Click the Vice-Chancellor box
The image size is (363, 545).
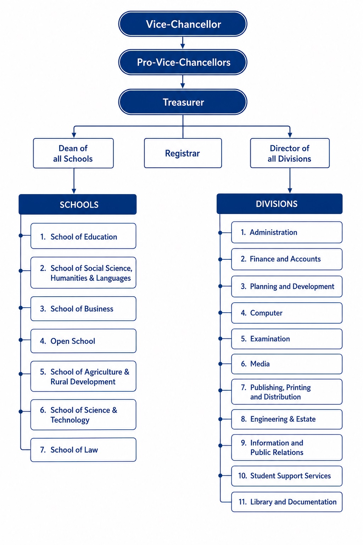(x=183, y=24)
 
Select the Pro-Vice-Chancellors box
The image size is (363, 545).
(x=183, y=62)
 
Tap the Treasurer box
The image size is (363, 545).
(x=183, y=102)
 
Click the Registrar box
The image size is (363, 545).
(x=183, y=153)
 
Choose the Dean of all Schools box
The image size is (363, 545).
(x=73, y=153)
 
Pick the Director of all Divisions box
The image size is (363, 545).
(x=290, y=153)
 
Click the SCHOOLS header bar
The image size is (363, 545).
(x=78, y=204)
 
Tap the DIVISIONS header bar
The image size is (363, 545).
(x=279, y=204)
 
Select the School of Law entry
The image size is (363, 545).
(x=83, y=450)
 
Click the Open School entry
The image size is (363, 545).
(x=83, y=341)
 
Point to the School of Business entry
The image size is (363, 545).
(x=83, y=308)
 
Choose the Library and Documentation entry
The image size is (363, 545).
(x=287, y=502)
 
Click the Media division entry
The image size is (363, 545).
(x=287, y=364)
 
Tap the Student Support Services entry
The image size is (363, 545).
(x=287, y=476)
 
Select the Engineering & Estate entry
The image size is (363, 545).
(x=287, y=419)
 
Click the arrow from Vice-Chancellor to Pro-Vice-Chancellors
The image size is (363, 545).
(x=183, y=43)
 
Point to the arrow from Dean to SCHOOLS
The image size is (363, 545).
(x=74, y=181)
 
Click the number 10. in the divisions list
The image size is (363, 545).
(x=242, y=476)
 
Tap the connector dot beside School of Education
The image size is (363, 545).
(x=21, y=236)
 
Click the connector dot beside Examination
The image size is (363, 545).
(x=220, y=339)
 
